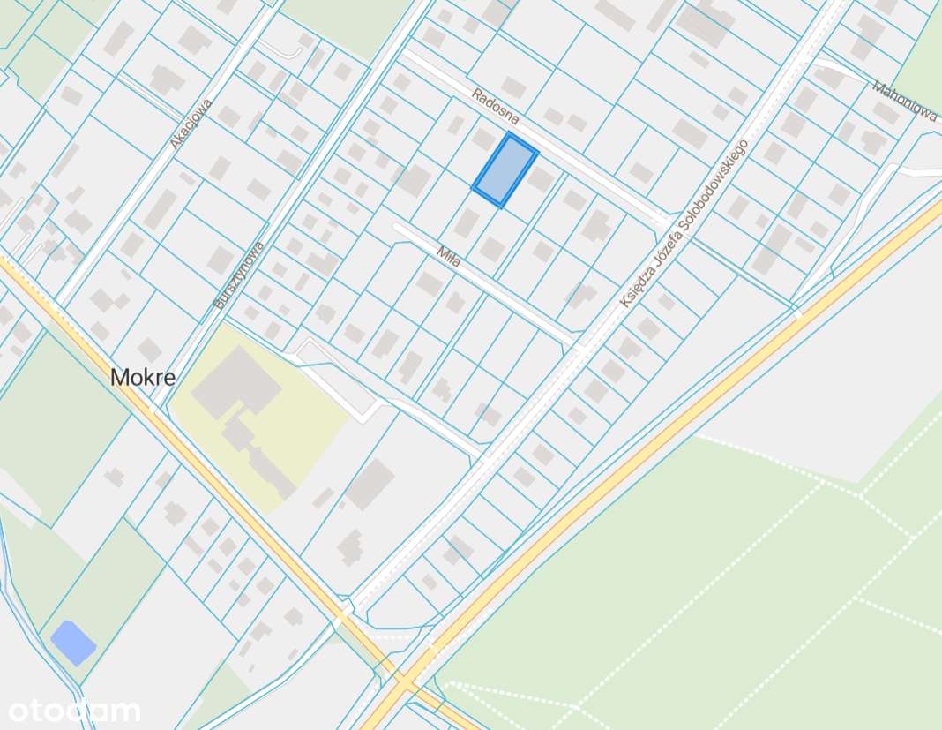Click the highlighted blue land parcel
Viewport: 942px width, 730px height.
pyautogui.click(x=505, y=171)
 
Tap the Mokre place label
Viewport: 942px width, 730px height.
pyautogui.click(x=142, y=378)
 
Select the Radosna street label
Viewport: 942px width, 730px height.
pyautogui.click(x=495, y=106)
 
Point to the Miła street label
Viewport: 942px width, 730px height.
pyautogui.click(x=448, y=257)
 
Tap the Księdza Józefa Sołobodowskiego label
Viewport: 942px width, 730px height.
pyautogui.click(x=684, y=224)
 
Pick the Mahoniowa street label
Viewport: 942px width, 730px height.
pyautogui.click(x=904, y=100)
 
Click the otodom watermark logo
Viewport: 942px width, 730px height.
pyautogui.click(x=74, y=711)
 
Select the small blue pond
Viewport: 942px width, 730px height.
pyautogui.click(x=73, y=643)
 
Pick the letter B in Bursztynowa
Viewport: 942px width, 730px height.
pyautogui.click(x=219, y=305)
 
